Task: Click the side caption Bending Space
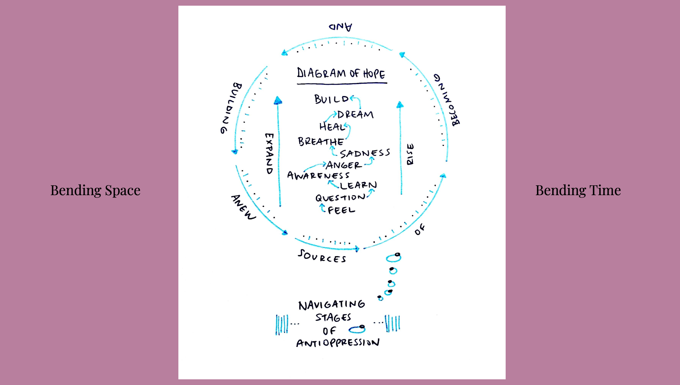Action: (x=95, y=190)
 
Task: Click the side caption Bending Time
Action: (x=578, y=190)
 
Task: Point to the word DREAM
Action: (x=355, y=114)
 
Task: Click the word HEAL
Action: (x=332, y=127)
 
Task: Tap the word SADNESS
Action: (x=365, y=153)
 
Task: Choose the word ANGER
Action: (x=344, y=165)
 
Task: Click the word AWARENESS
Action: (x=318, y=176)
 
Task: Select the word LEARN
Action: (x=358, y=185)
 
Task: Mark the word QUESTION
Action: (x=340, y=198)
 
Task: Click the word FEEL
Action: (x=341, y=210)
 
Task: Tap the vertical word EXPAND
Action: (x=269, y=154)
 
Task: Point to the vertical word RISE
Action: (x=410, y=154)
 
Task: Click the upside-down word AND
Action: (x=340, y=27)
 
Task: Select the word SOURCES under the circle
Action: (x=322, y=256)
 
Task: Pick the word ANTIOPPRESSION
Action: (x=338, y=343)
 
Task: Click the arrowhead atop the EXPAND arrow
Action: (x=278, y=101)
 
